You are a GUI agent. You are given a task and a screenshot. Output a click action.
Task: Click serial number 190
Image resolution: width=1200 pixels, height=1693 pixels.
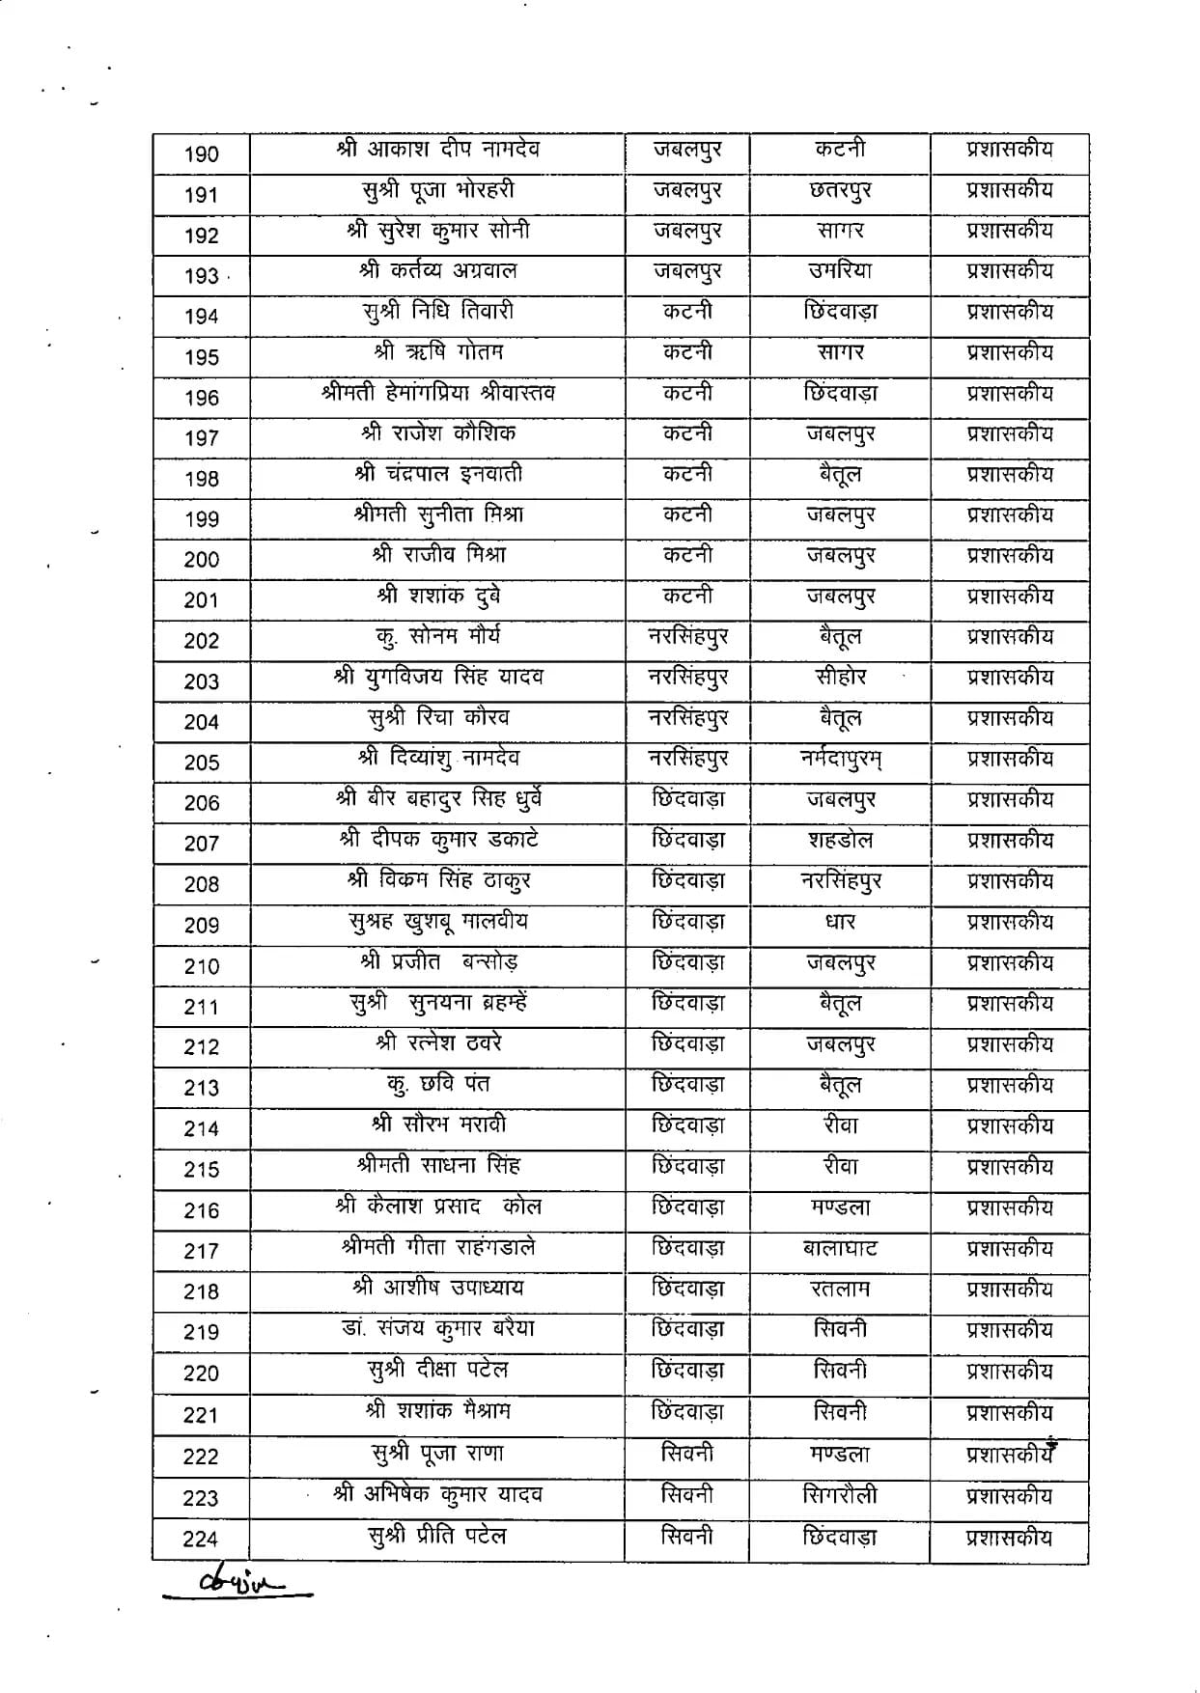coord(202,154)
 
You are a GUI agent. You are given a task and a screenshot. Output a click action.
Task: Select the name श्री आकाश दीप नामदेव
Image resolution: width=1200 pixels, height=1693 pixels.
coord(438,150)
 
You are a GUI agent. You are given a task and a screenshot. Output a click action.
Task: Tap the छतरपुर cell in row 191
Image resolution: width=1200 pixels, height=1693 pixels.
coord(840,191)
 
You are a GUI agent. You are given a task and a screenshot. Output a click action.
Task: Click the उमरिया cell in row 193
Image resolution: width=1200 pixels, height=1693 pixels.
coord(840,271)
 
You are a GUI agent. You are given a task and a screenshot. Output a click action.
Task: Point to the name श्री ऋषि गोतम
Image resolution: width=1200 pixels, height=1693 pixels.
coord(438,352)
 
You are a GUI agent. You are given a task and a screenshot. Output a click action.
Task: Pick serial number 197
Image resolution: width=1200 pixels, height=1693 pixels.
coord(202,438)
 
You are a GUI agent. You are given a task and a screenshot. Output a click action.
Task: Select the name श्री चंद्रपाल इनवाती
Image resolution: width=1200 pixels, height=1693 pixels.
coord(438,474)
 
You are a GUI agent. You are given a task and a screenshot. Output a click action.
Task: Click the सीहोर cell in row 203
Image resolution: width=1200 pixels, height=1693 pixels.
coord(840,678)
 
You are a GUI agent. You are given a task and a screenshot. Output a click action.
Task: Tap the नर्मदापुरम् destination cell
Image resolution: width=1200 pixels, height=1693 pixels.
coord(840,760)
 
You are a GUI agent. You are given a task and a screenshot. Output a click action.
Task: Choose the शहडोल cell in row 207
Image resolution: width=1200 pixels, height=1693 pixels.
coord(840,841)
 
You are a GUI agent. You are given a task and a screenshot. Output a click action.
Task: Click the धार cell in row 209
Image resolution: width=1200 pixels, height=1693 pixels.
coord(840,923)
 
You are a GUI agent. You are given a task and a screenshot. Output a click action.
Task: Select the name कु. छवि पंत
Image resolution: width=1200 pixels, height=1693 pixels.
coord(438,1085)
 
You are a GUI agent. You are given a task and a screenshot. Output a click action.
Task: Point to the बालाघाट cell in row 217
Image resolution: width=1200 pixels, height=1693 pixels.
coord(840,1248)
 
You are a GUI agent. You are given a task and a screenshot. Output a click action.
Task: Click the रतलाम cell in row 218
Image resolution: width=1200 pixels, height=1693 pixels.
coord(840,1289)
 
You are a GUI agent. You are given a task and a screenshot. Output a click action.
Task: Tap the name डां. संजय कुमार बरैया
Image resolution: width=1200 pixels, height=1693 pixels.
coord(438,1329)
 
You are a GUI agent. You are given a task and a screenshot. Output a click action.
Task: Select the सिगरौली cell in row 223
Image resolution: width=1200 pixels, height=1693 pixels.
coord(840,1496)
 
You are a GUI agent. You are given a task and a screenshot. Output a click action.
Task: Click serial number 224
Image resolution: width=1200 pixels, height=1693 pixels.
coord(201,1540)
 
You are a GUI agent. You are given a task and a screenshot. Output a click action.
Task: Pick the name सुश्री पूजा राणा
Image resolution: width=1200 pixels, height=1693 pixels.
coord(438,1454)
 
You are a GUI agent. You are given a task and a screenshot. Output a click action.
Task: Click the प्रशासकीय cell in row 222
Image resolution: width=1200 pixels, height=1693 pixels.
coord(1010,1455)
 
